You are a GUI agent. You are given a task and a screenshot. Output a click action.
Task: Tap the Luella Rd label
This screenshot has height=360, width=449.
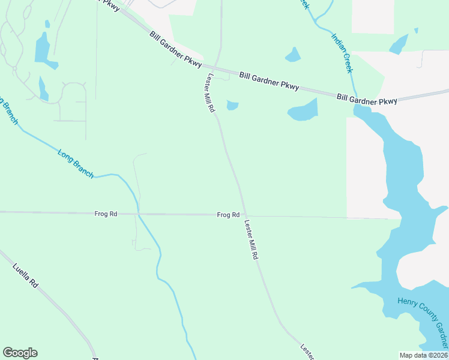click(x=25, y=274)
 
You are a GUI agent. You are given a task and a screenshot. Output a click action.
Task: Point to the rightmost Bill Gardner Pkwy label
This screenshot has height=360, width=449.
click(x=367, y=99)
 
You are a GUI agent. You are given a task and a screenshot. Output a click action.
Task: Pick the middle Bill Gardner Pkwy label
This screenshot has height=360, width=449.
click(x=269, y=81)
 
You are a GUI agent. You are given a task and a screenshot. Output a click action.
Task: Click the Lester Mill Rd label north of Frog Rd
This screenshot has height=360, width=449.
click(x=210, y=93)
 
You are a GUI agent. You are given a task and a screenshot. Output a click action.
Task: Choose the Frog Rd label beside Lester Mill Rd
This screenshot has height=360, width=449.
click(x=228, y=215)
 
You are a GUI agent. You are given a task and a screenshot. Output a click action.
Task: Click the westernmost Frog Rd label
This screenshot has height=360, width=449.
click(x=106, y=214)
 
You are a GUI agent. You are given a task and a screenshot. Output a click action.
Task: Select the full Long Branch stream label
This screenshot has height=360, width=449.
click(x=76, y=163)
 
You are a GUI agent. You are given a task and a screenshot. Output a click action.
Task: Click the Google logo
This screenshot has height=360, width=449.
click(x=20, y=353)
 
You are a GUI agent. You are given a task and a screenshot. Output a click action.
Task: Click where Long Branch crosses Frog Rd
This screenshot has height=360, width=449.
click(x=139, y=214)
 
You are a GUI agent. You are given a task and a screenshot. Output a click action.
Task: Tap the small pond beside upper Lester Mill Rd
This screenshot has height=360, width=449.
click(x=232, y=106)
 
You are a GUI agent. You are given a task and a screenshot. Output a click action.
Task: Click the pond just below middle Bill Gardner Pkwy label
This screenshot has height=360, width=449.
click(x=303, y=110)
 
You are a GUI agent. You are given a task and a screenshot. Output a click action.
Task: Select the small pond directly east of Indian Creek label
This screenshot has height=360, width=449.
click(x=398, y=44)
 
